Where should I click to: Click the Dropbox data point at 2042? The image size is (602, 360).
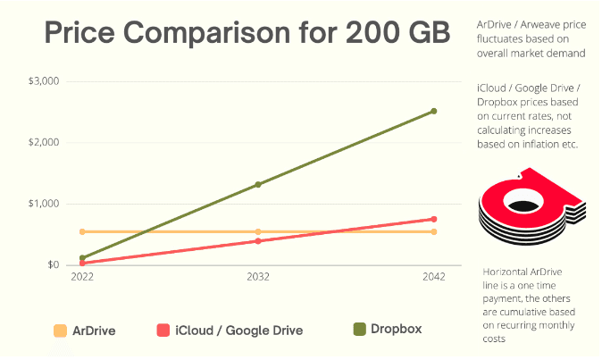pos(434,112)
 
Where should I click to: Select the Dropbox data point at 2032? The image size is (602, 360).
pos(258,185)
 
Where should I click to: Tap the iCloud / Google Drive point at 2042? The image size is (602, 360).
pos(434,219)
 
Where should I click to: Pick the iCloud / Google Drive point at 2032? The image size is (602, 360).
pos(258,241)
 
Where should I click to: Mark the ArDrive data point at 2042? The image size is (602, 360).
pos(434,231)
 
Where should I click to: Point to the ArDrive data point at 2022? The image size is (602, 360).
pos(82,231)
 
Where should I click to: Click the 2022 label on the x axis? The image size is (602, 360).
pos(82,277)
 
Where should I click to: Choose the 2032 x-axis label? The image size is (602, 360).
pos(258,277)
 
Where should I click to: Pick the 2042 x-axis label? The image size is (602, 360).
pos(434,277)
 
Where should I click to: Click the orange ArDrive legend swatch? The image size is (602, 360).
pos(61,331)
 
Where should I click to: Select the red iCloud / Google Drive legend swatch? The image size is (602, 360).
pos(163,331)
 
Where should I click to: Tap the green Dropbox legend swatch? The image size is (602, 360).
pos(359,330)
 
